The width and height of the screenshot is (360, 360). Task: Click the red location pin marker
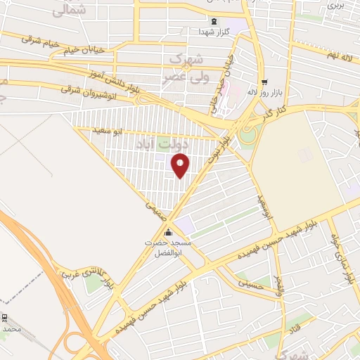[x=181, y=166]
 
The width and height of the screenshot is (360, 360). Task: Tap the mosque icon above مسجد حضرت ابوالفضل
[x=168, y=233]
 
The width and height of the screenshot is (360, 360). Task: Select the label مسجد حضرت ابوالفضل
[x=167, y=247]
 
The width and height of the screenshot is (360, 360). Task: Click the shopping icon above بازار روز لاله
[x=264, y=82]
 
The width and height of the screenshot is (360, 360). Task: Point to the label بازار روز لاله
[x=264, y=92]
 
